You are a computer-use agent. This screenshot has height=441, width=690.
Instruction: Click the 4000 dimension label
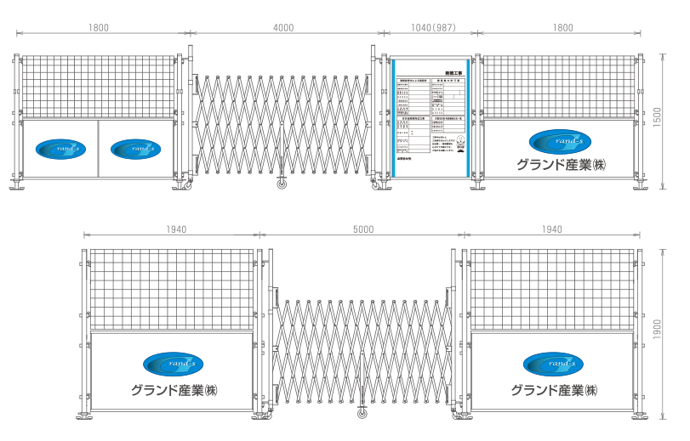[283, 28]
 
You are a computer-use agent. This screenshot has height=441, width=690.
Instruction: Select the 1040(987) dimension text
[433, 28]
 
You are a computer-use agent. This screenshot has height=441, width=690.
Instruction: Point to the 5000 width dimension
[362, 229]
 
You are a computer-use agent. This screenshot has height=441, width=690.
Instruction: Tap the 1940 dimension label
[174, 229]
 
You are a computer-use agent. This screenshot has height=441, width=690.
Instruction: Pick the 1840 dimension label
[551, 229]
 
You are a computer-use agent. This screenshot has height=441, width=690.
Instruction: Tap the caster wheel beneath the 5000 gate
[362, 414]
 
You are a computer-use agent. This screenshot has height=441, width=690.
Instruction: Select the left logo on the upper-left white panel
[60, 148]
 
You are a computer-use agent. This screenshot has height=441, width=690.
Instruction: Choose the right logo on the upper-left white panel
[135, 148]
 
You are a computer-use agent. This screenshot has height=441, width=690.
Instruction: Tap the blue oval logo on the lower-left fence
[173, 364]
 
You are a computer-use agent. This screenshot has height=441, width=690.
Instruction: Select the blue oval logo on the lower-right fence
[553, 364]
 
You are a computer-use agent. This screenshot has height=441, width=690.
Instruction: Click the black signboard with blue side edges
[431, 116]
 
